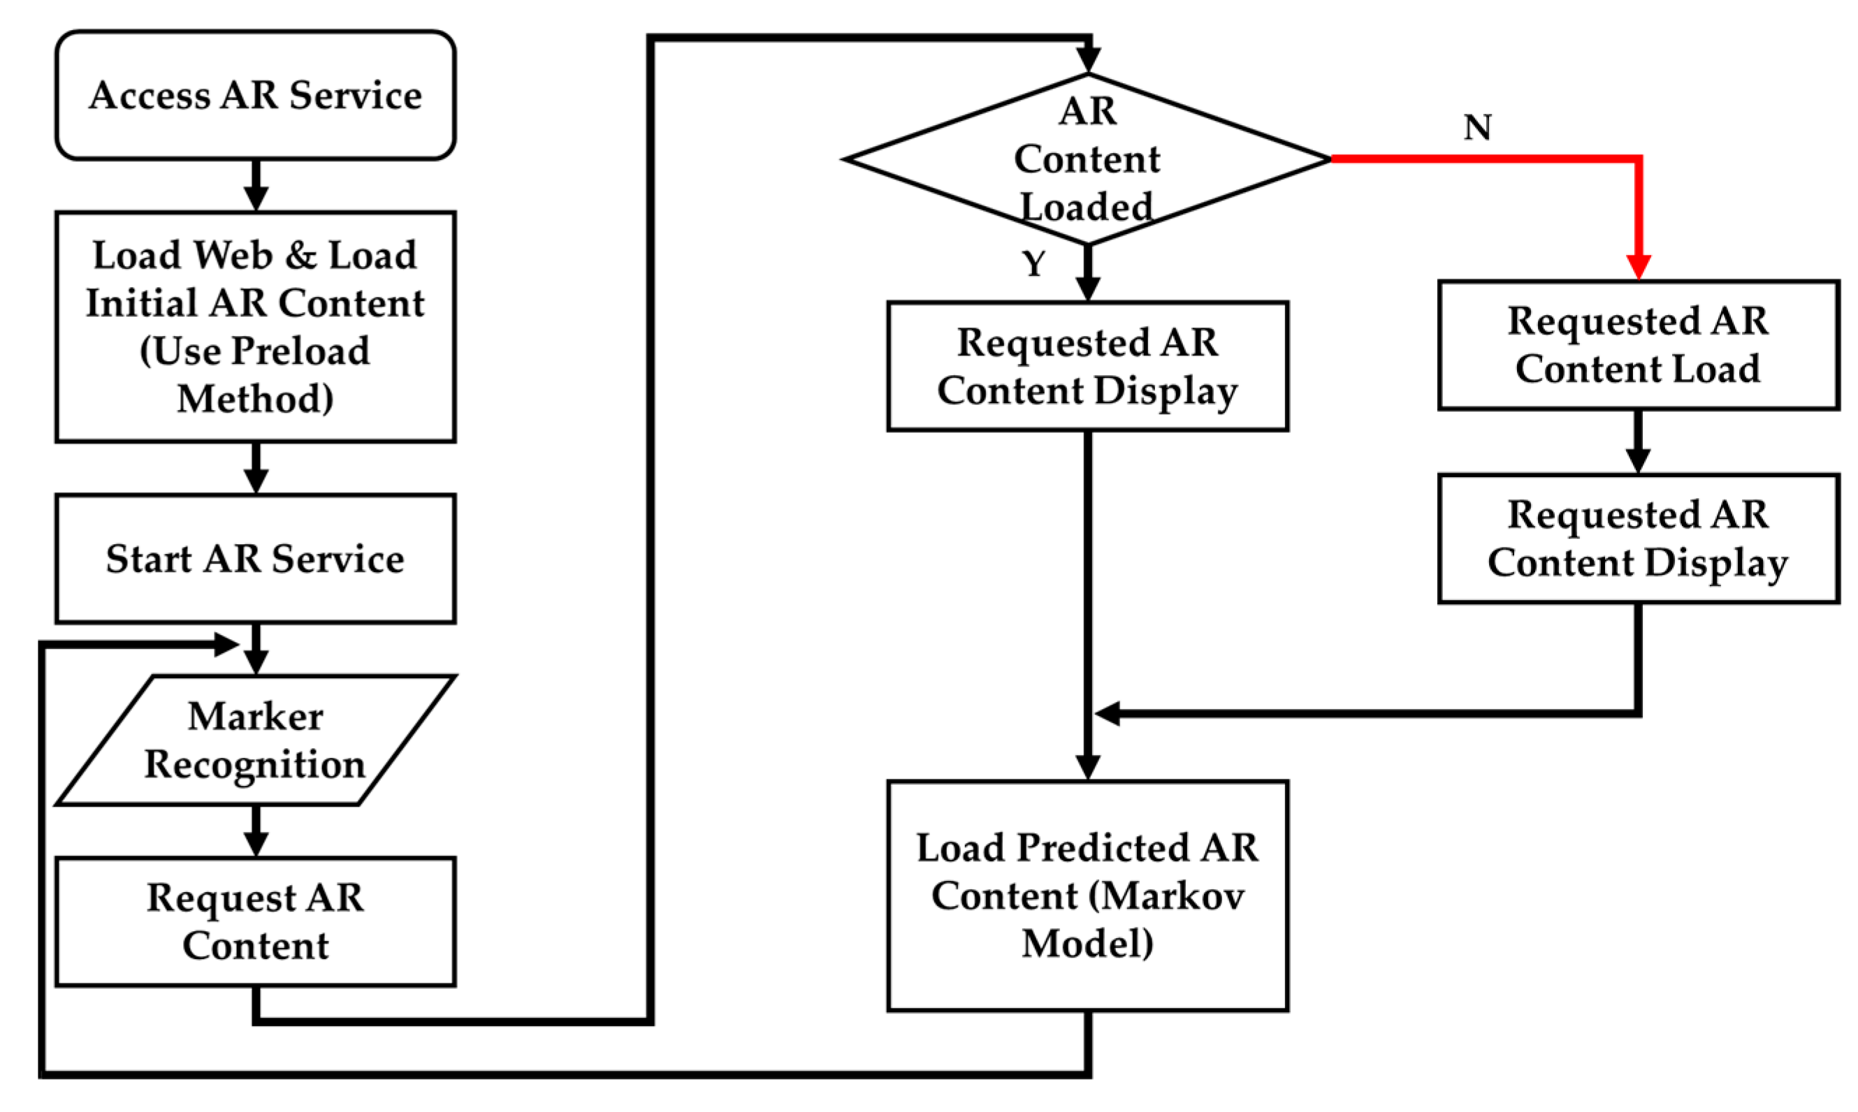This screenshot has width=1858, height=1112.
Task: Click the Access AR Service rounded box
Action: pyautogui.click(x=255, y=95)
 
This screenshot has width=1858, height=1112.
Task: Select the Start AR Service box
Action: pyautogui.click(x=255, y=558)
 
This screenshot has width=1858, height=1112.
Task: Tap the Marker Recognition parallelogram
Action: pyautogui.click(x=255, y=740)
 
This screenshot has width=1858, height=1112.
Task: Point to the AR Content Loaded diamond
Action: pyautogui.click(x=1087, y=159)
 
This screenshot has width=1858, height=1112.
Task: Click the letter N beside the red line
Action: pyautogui.click(x=1477, y=127)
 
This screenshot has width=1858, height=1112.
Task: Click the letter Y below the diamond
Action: pyautogui.click(x=1033, y=264)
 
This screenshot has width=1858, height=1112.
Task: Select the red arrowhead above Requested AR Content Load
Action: pyautogui.click(x=1639, y=266)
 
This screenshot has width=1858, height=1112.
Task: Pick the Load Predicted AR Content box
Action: pyautogui.click(x=1087, y=895)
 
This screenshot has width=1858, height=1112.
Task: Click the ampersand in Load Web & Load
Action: pyautogui.click(x=300, y=255)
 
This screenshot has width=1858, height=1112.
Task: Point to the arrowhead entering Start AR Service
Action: pyautogui.click(x=256, y=480)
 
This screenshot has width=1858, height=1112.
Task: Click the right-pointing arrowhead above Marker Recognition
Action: pyautogui.click(x=225, y=644)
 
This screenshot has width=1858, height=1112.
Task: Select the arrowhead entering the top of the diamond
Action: pyautogui.click(x=1087, y=59)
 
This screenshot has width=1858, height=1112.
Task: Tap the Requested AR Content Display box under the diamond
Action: pyautogui.click(x=1087, y=367)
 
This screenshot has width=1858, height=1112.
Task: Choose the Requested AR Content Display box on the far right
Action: pyautogui.click(x=1639, y=538)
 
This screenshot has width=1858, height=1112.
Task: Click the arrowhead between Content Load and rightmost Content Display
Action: pyautogui.click(x=1639, y=460)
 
